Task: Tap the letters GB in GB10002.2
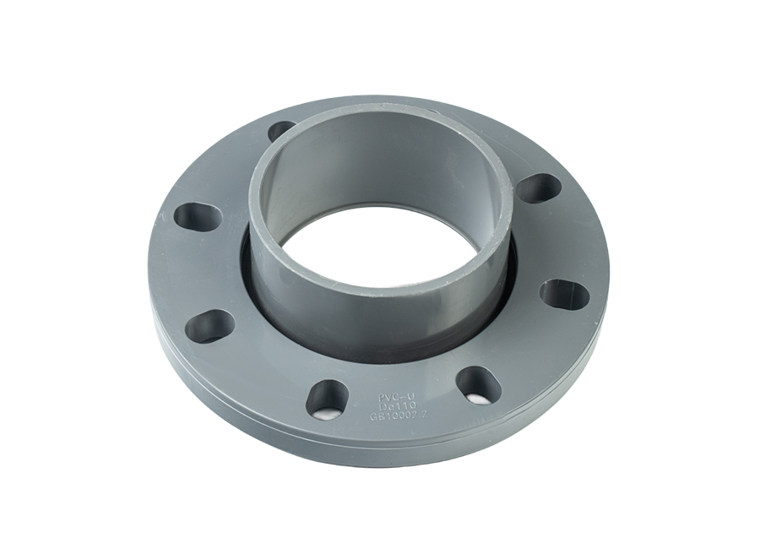[377, 416]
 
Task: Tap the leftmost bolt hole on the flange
[198, 215]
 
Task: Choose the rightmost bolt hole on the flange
[563, 293]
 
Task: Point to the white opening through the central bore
[388, 253]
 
